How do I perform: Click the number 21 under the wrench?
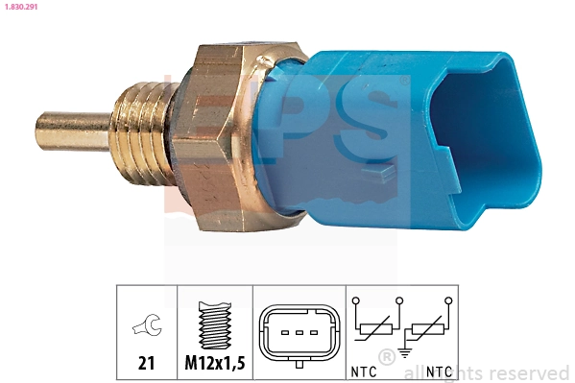coord(146,364)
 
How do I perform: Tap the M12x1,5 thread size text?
coord(214,364)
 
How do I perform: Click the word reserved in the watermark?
coord(529,372)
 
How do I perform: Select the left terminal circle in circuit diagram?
coord(356,301)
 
